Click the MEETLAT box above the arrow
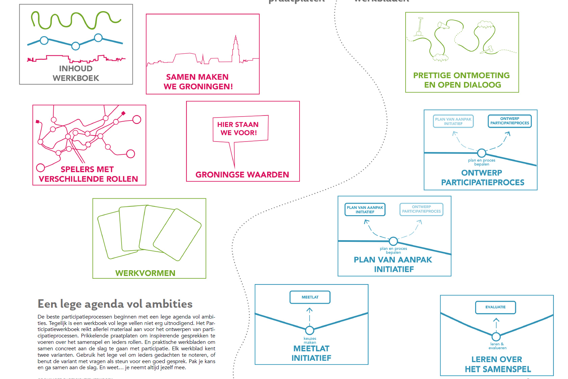[310, 297]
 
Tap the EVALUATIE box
[495, 307]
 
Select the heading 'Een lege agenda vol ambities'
[115, 304]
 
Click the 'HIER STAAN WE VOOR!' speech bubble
[240, 129]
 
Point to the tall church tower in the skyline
[235, 49]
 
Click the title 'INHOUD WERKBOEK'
[76, 73]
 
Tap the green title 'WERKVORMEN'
[145, 273]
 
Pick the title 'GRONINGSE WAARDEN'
[242, 175]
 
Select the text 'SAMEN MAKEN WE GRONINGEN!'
[198, 82]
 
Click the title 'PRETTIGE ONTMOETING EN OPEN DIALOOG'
[462, 80]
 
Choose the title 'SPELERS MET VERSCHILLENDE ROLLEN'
[88, 174]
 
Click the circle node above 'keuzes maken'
[310, 330]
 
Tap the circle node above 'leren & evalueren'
[496, 336]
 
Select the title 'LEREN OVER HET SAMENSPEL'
[497, 364]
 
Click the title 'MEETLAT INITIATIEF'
[311, 353]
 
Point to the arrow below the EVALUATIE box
[496, 323]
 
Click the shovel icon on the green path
[419, 27]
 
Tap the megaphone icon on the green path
[443, 25]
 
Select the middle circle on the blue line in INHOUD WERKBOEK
[76, 46]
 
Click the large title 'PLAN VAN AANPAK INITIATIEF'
[393, 264]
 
